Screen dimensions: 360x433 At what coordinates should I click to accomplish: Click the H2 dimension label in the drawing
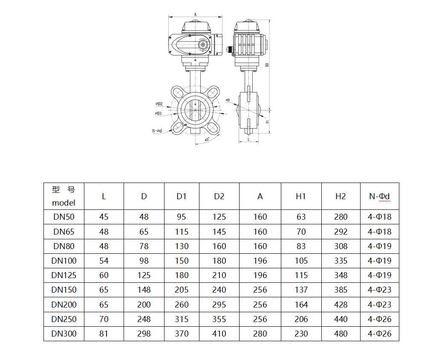[267, 65]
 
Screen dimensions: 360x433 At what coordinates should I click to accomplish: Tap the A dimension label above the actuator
[196, 15]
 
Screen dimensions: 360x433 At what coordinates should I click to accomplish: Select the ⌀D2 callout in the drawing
[159, 104]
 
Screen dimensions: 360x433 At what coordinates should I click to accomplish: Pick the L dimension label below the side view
[248, 139]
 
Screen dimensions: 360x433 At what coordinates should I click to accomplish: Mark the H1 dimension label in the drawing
[267, 122]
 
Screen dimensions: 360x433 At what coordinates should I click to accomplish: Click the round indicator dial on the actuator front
[203, 45]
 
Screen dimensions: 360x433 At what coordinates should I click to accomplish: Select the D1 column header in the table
[182, 196]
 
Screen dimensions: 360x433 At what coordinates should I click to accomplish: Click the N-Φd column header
[379, 196]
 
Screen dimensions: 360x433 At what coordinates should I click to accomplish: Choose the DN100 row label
[64, 261]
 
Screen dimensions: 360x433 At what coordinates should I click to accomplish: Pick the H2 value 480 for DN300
[341, 334]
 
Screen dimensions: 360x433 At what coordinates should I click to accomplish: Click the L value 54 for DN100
[104, 261]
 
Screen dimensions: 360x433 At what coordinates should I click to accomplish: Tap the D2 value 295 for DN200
[219, 305]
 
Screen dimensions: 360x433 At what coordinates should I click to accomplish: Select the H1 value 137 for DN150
[301, 290]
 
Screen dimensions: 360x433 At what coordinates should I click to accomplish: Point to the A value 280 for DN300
[260, 334]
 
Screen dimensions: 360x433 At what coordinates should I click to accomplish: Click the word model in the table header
[64, 203]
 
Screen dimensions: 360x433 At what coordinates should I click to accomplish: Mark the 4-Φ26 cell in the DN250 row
[379, 319]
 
